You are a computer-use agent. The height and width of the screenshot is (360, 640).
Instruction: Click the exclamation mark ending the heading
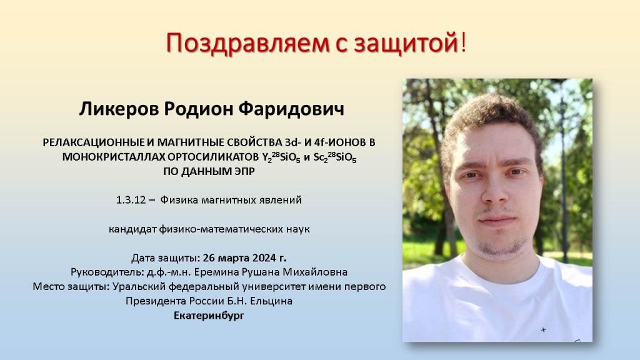click(x=463, y=42)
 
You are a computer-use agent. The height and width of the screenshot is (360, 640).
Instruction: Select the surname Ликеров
click(x=119, y=109)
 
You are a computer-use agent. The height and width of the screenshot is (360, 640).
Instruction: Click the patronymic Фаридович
click(x=291, y=109)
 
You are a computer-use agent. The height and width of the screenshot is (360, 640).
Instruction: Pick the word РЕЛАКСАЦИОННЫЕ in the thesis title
click(x=93, y=142)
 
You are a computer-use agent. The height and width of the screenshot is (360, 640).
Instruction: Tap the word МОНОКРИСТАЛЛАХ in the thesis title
click(x=114, y=157)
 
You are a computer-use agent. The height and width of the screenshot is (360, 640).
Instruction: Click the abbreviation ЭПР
click(x=244, y=171)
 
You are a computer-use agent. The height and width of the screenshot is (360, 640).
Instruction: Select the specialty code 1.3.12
click(x=131, y=200)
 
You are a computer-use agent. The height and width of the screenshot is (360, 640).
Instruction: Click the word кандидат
click(x=132, y=229)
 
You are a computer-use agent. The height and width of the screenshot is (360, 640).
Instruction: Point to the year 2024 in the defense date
click(x=264, y=258)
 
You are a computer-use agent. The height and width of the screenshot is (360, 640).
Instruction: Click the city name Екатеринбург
click(x=209, y=316)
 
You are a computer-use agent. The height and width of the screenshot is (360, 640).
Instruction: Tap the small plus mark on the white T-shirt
click(x=543, y=329)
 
